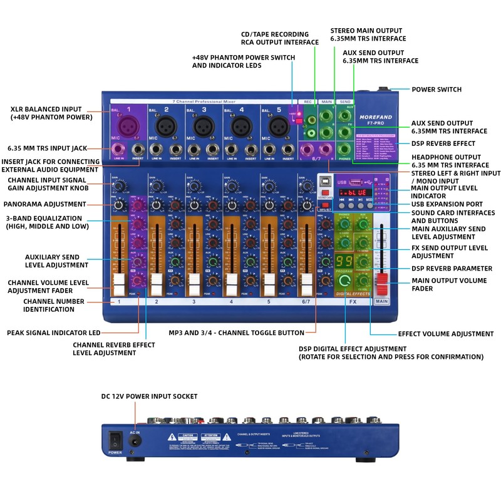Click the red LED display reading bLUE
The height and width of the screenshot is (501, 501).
point(356,193)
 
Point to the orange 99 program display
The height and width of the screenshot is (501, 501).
point(343,261)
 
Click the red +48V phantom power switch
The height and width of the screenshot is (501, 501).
point(299,120)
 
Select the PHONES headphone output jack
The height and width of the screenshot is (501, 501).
point(344,149)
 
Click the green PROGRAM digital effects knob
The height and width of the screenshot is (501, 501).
point(344,279)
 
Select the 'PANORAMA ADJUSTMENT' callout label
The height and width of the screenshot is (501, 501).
point(44,204)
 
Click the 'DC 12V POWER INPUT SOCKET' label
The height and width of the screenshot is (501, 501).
point(149,396)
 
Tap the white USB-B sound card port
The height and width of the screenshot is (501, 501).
point(326,182)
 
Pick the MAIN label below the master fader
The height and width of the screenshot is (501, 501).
point(381,301)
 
